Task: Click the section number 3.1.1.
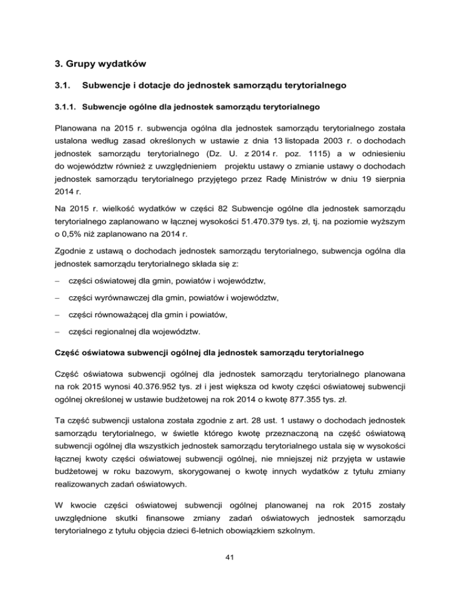pyautogui.click(x=64, y=108)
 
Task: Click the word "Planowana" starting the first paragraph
pyautogui.click(x=77, y=129)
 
